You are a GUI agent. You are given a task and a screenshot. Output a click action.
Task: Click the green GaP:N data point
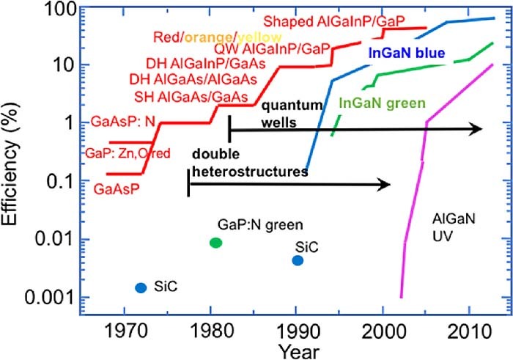click(215, 243)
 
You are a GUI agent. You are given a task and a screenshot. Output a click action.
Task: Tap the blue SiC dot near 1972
click(141, 287)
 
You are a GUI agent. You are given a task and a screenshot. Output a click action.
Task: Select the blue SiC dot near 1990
click(297, 260)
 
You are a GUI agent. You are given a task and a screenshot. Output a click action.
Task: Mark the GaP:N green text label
click(261, 224)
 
